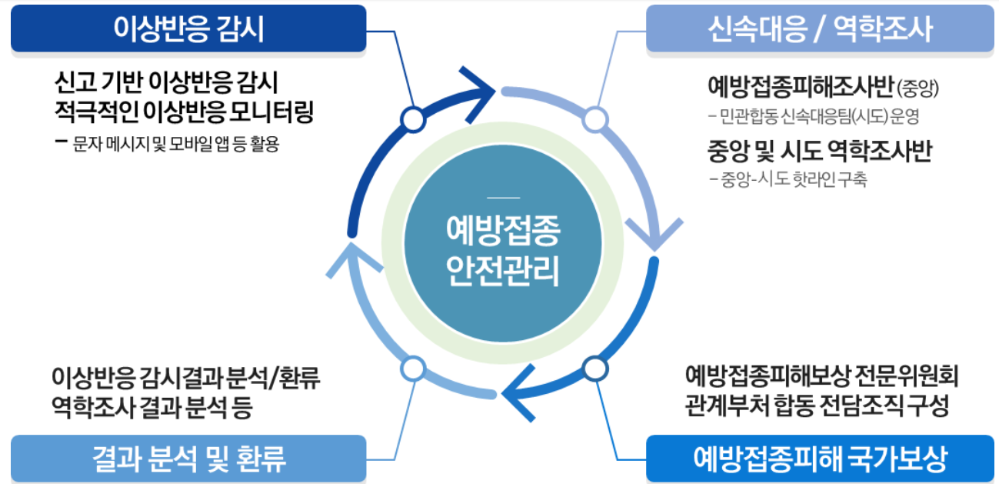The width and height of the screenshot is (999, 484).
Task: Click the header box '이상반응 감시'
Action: click(x=188, y=28)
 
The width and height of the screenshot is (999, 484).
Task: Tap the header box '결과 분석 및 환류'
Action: click(x=188, y=459)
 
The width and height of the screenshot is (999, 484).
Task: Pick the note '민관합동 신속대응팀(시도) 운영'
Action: click(x=817, y=117)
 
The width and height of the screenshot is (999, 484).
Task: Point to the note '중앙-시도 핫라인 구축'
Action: click(x=792, y=181)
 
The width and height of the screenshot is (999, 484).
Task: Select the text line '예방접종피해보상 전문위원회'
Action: click(x=821, y=376)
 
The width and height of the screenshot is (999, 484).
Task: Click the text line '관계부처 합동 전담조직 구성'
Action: click(x=817, y=406)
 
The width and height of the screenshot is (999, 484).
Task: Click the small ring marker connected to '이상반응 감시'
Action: click(x=414, y=119)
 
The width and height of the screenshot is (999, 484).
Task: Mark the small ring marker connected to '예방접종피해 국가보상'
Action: click(x=594, y=369)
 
